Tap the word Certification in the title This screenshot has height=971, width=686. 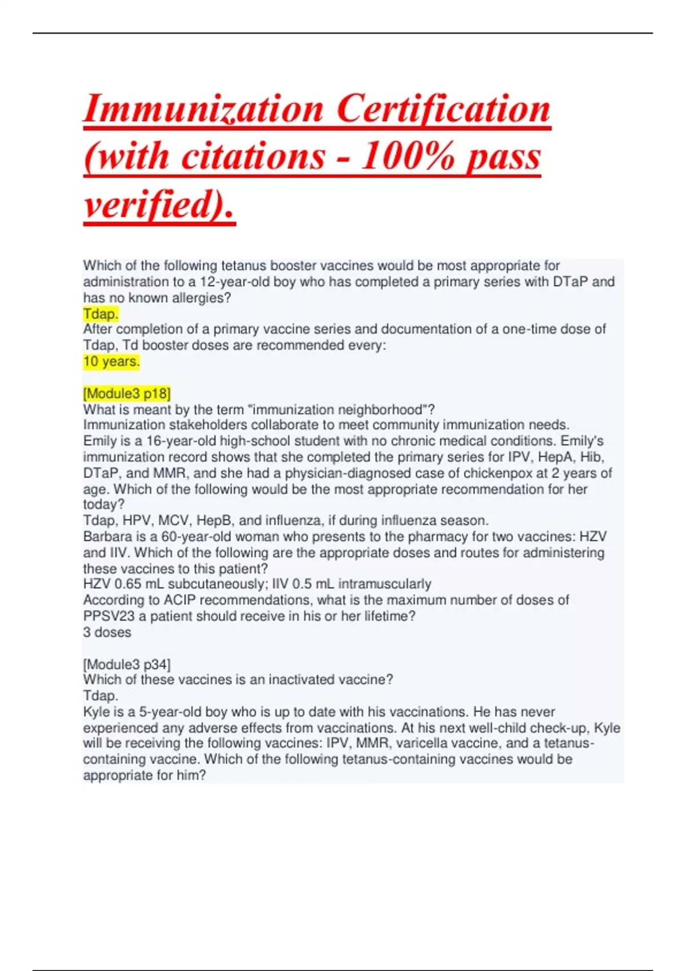coord(443,109)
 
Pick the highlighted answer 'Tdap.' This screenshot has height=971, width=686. coord(101,314)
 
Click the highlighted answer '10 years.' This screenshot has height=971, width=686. coord(111,362)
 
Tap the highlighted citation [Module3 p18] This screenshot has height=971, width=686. coord(127,394)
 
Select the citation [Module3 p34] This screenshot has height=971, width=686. coord(127,664)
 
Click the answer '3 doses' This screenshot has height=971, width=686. coord(107,632)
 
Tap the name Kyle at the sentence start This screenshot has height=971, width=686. coord(97,712)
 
